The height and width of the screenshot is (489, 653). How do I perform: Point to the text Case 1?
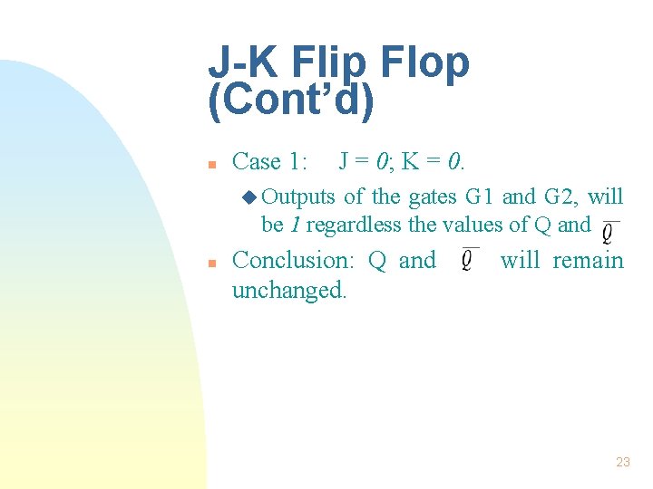(270, 162)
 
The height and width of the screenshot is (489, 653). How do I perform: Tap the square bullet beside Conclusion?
(210, 264)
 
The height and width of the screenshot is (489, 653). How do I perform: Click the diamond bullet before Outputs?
(251, 197)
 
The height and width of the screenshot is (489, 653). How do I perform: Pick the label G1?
(480, 197)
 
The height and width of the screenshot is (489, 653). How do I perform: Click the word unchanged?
(289, 292)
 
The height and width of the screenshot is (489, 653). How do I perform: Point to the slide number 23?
(622, 462)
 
